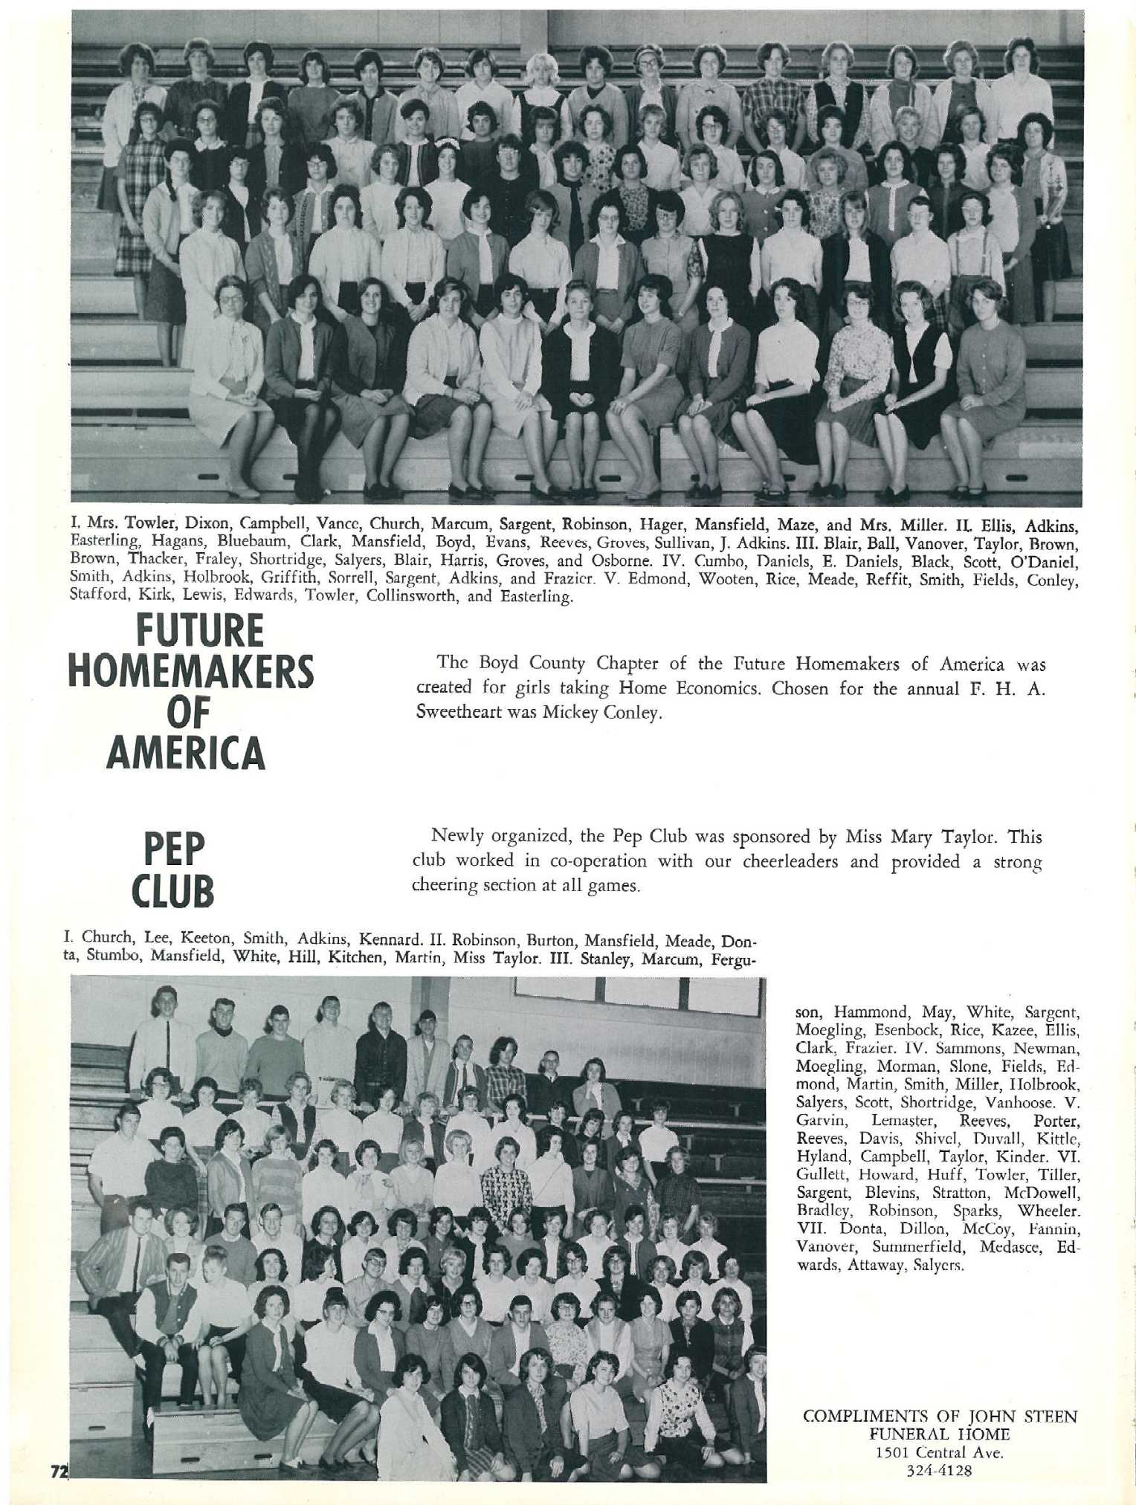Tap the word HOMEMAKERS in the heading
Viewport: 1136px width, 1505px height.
[191, 672]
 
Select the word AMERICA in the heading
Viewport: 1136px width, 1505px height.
[186, 752]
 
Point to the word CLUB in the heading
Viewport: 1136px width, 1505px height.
[173, 891]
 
